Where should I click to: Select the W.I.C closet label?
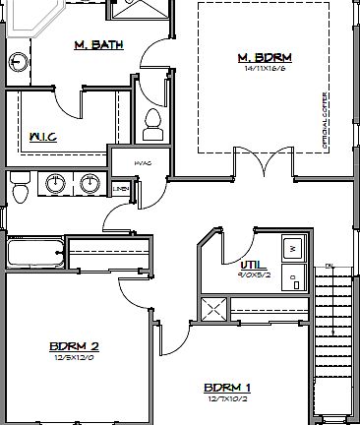[x=42, y=136]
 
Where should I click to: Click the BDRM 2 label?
[x=75, y=346]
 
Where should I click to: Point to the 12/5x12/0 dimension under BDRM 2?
[x=75, y=358]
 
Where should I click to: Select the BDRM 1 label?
[x=227, y=387]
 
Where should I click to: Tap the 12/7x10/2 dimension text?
[x=227, y=398]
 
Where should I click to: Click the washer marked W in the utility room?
[x=291, y=250]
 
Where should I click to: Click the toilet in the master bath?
[x=151, y=123]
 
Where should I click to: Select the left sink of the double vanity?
[x=55, y=184]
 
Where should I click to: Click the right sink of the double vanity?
[x=90, y=184]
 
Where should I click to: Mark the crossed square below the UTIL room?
[x=213, y=309]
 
